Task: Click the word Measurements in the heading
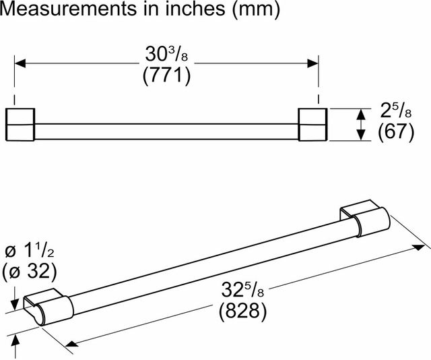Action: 68,8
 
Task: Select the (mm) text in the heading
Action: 256,10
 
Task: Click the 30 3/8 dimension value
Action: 166,54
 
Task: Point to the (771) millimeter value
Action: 166,76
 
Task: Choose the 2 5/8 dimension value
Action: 396,111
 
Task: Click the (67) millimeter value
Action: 396,132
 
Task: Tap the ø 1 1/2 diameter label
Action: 30,251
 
